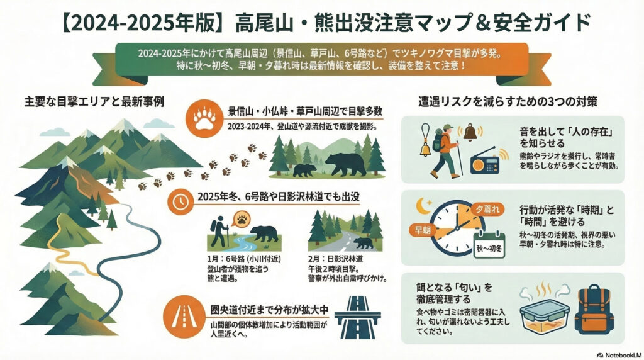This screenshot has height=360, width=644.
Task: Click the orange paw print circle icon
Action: (x=204, y=118)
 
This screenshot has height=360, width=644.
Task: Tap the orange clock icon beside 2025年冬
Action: (x=180, y=201)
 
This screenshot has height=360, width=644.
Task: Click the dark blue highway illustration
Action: (x=357, y=317)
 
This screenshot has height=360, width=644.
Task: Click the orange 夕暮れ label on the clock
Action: (x=487, y=209)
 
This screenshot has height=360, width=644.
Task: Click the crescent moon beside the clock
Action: (x=423, y=206)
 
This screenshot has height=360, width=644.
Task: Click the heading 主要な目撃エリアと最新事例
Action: (x=94, y=101)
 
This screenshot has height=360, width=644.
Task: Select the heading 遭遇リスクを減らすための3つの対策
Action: (x=508, y=101)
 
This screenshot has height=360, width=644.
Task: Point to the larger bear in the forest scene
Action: (x=346, y=164)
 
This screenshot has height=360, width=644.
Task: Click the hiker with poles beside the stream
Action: (x=219, y=232)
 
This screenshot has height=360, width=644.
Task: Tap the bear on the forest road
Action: (x=363, y=243)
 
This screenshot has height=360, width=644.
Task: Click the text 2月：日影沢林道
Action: (x=336, y=259)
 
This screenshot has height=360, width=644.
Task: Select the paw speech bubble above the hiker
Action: (x=241, y=219)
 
